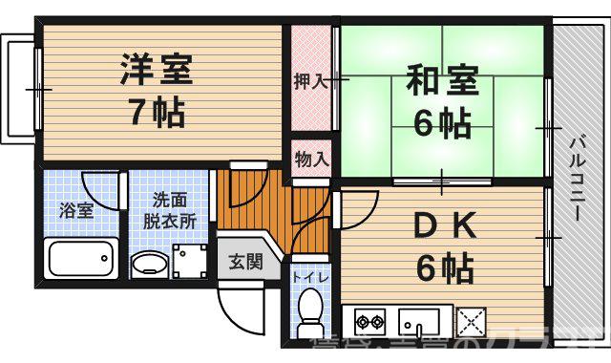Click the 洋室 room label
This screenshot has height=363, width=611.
pyautogui.click(x=157, y=70)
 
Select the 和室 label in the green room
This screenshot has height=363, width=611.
pyautogui.click(x=443, y=78)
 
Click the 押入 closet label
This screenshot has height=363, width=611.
pyautogui.click(x=311, y=81)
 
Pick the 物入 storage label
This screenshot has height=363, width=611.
pyautogui.click(x=311, y=158)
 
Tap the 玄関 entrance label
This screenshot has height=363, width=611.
pyautogui.click(x=244, y=263)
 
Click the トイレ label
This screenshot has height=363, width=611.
pyautogui.click(x=310, y=277)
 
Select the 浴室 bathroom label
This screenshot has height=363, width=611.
pyautogui.click(x=78, y=210)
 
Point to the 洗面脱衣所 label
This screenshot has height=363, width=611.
pyautogui.click(x=170, y=209)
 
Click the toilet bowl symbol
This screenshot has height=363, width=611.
pyautogui.click(x=310, y=310)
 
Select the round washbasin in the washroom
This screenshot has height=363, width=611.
pyautogui.click(x=148, y=264)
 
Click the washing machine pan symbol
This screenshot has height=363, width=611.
pyautogui.click(x=190, y=259)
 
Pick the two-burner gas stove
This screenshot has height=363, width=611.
pyautogui.click(x=369, y=319)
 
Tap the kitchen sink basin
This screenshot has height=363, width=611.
pyautogui.click(x=418, y=319)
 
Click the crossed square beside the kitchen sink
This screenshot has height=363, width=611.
pyautogui.click(x=471, y=318)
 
